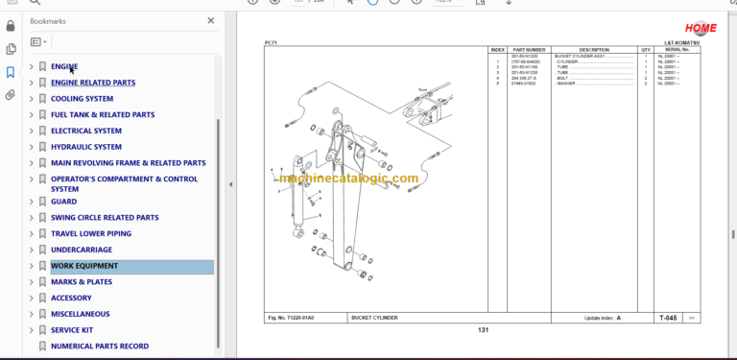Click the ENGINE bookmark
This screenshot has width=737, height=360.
[64, 66]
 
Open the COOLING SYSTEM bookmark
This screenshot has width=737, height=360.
[82, 99]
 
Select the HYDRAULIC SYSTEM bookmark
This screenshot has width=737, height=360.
[86, 147]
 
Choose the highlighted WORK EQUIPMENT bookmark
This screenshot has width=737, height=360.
[84, 266]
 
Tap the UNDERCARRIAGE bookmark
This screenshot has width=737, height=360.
[81, 250]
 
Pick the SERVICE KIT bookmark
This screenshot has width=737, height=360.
[72, 330]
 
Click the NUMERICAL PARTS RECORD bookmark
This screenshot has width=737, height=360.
[100, 346]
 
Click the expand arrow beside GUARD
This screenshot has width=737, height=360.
[31, 202]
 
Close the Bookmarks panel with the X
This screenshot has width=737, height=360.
[211, 20]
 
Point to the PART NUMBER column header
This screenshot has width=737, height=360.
[529, 49]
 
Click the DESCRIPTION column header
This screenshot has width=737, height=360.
[594, 49]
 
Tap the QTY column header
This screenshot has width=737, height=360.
[646, 49]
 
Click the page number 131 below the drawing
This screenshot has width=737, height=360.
[484, 330]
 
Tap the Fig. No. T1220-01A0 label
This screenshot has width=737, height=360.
[290, 318]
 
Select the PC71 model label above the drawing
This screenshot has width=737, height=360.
[271, 42]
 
